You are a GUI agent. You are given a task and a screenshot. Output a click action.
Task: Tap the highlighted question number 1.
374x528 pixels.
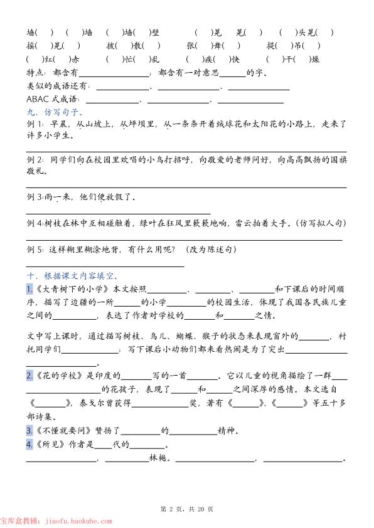coord(29,288)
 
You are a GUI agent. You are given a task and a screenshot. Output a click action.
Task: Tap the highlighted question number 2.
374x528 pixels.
coord(29,376)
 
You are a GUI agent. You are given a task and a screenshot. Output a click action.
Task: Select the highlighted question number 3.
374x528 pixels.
coord(29,431)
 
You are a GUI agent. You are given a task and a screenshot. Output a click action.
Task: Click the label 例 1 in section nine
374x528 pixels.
coord(35,125)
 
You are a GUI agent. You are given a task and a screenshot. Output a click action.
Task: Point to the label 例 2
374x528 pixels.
coord(35,160)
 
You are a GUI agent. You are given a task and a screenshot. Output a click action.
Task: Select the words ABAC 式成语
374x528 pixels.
coord(53,99)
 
